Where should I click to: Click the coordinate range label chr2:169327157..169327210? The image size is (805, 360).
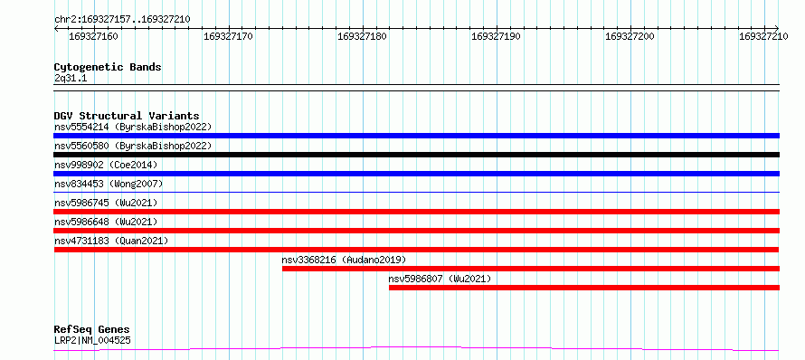point(122,20)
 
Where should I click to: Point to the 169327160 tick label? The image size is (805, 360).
point(93,36)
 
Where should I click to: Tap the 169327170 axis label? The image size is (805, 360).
point(228,36)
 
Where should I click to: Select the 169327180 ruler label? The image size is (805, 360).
point(362,36)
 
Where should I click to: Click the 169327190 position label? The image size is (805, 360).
point(496,36)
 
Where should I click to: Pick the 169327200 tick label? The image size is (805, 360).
point(630,36)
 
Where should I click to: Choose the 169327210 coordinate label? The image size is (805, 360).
point(763,36)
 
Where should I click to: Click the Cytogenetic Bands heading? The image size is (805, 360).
point(108,67)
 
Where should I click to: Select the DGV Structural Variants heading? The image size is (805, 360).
point(127,116)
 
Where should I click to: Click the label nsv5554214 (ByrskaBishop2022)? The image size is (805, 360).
point(133,127)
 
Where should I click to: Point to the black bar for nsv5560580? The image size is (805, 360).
point(416,155)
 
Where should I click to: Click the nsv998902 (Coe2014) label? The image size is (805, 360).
point(106,165)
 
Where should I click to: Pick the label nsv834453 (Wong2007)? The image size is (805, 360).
point(109,184)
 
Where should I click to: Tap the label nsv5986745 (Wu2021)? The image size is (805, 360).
point(106,203)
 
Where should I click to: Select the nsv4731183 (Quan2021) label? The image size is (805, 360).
point(111,241)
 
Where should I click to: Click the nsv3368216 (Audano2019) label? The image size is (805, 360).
point(344,260)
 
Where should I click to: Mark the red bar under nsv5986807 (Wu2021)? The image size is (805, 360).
point(584,288)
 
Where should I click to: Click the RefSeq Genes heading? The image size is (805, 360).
point(92,330)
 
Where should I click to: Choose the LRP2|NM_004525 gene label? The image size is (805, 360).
point(92,340)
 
